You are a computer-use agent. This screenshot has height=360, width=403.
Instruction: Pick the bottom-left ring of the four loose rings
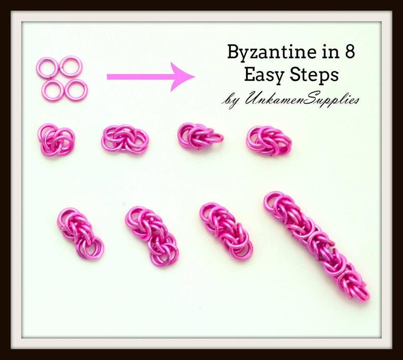coord(43,91)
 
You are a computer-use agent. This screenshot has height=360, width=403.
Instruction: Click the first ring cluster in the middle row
coord(56,140)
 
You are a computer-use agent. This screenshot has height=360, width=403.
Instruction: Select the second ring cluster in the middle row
coord(124,140)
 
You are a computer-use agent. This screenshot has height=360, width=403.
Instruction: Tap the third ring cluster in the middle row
coord(200,136)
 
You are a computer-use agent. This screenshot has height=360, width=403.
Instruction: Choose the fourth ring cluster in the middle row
coord(270,140)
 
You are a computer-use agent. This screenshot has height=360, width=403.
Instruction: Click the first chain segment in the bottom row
coord(80,233)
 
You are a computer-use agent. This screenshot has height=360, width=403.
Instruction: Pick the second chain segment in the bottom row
coord(152,236)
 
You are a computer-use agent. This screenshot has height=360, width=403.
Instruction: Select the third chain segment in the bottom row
coord(226,231)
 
